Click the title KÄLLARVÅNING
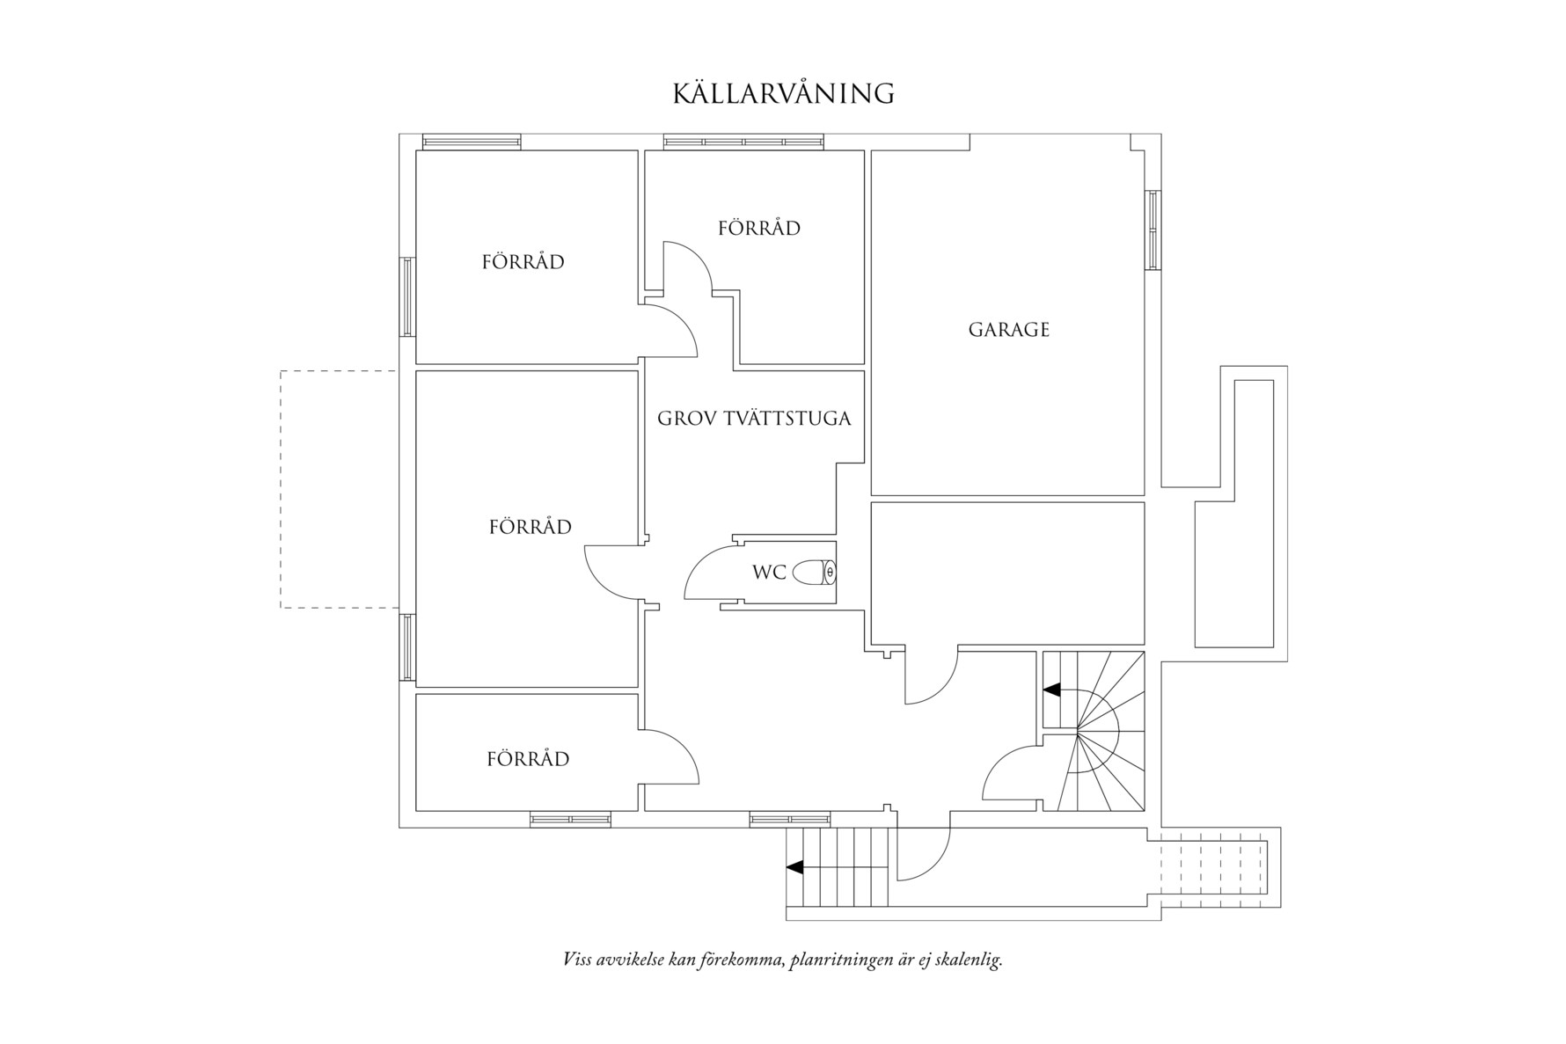pos(783,93)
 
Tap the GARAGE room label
pos(1008,330)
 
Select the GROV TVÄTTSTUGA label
pos(754,418)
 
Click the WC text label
pos(768,573)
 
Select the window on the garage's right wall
pos(1152,230)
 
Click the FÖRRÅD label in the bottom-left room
pos(528,759)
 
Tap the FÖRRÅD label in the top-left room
pos(523,262)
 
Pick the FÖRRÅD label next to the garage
pos(758,229)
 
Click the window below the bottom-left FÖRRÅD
pos(570,820)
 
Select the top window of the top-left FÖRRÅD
pos(472,142)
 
